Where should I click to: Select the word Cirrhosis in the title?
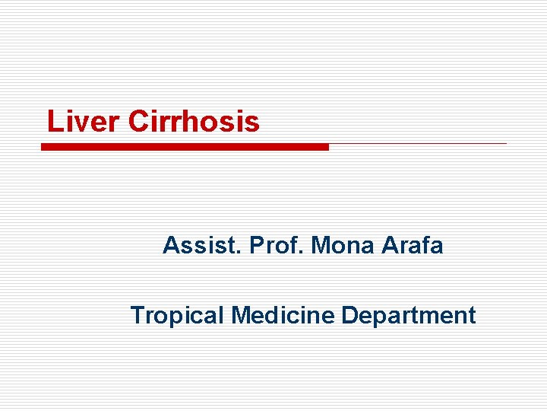[x=194, y=122]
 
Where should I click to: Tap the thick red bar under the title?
[x=185, y=147]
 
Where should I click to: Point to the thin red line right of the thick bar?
[x=418, y=143]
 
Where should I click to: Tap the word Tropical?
[x=178, y=315]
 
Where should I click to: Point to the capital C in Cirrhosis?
[x=138, y=122]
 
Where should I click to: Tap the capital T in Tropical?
[x=138, y=315]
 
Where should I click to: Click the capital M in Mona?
[x=320, y=246]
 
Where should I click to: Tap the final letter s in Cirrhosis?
[x=253, y=123]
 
